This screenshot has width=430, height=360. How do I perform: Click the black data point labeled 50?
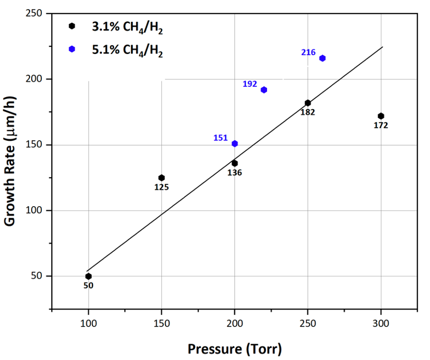click(x=88, y=276)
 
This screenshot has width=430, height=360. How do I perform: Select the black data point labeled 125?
click(x=161, y=178)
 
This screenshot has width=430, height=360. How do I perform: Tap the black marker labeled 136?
click(x=234, y=163)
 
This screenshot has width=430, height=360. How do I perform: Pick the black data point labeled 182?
click(x=308, y=103)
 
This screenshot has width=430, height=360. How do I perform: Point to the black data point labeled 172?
click(x=381, y=116)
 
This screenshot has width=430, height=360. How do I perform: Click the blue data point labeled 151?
click(x=235, y=143)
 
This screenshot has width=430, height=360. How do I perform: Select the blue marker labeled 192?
click(x=264, y=90)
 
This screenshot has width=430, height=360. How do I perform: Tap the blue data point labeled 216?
click(x=322, y=58)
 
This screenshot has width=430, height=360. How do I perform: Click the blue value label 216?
click(x=308, y=52)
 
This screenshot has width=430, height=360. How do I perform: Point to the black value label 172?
click(x=381, y=125)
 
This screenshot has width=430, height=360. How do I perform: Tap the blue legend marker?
click(x=72, y=49)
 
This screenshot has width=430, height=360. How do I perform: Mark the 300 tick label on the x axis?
click(x=381, y=324)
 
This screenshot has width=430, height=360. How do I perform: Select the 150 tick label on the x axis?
click(x=161, y=324)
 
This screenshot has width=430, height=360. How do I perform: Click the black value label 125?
click(x=161, y=187)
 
